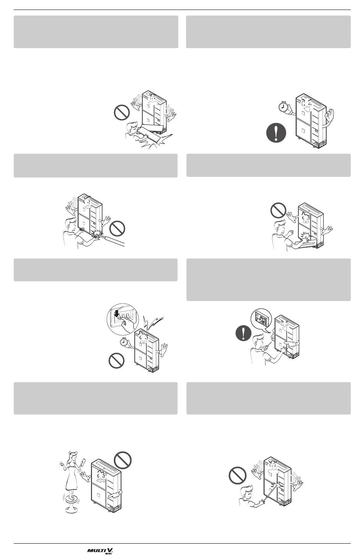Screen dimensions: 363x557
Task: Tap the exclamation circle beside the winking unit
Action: pos(276,133)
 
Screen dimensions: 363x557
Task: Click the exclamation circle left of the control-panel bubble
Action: pos(243,333)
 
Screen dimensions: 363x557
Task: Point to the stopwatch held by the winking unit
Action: pos(283,107)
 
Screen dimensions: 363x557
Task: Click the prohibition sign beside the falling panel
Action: pos(122,113)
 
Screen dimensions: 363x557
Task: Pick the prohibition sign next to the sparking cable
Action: pos(117,228)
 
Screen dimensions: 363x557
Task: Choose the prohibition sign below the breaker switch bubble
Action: pos(117,361)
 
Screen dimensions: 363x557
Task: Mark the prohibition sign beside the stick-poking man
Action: pos(237,475)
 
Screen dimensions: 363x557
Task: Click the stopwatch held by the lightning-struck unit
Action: pos(123,342)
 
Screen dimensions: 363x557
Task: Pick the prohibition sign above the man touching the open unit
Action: pos(278,210)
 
